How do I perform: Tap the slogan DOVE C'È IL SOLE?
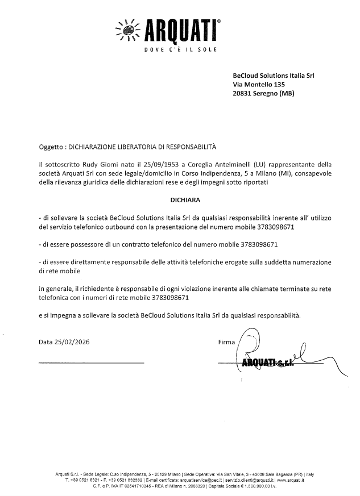[x=177, y=50]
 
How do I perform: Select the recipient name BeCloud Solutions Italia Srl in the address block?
[x=274, y=74]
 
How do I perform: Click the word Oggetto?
[x=50, y=147]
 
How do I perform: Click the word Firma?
[x=227, y=342]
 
